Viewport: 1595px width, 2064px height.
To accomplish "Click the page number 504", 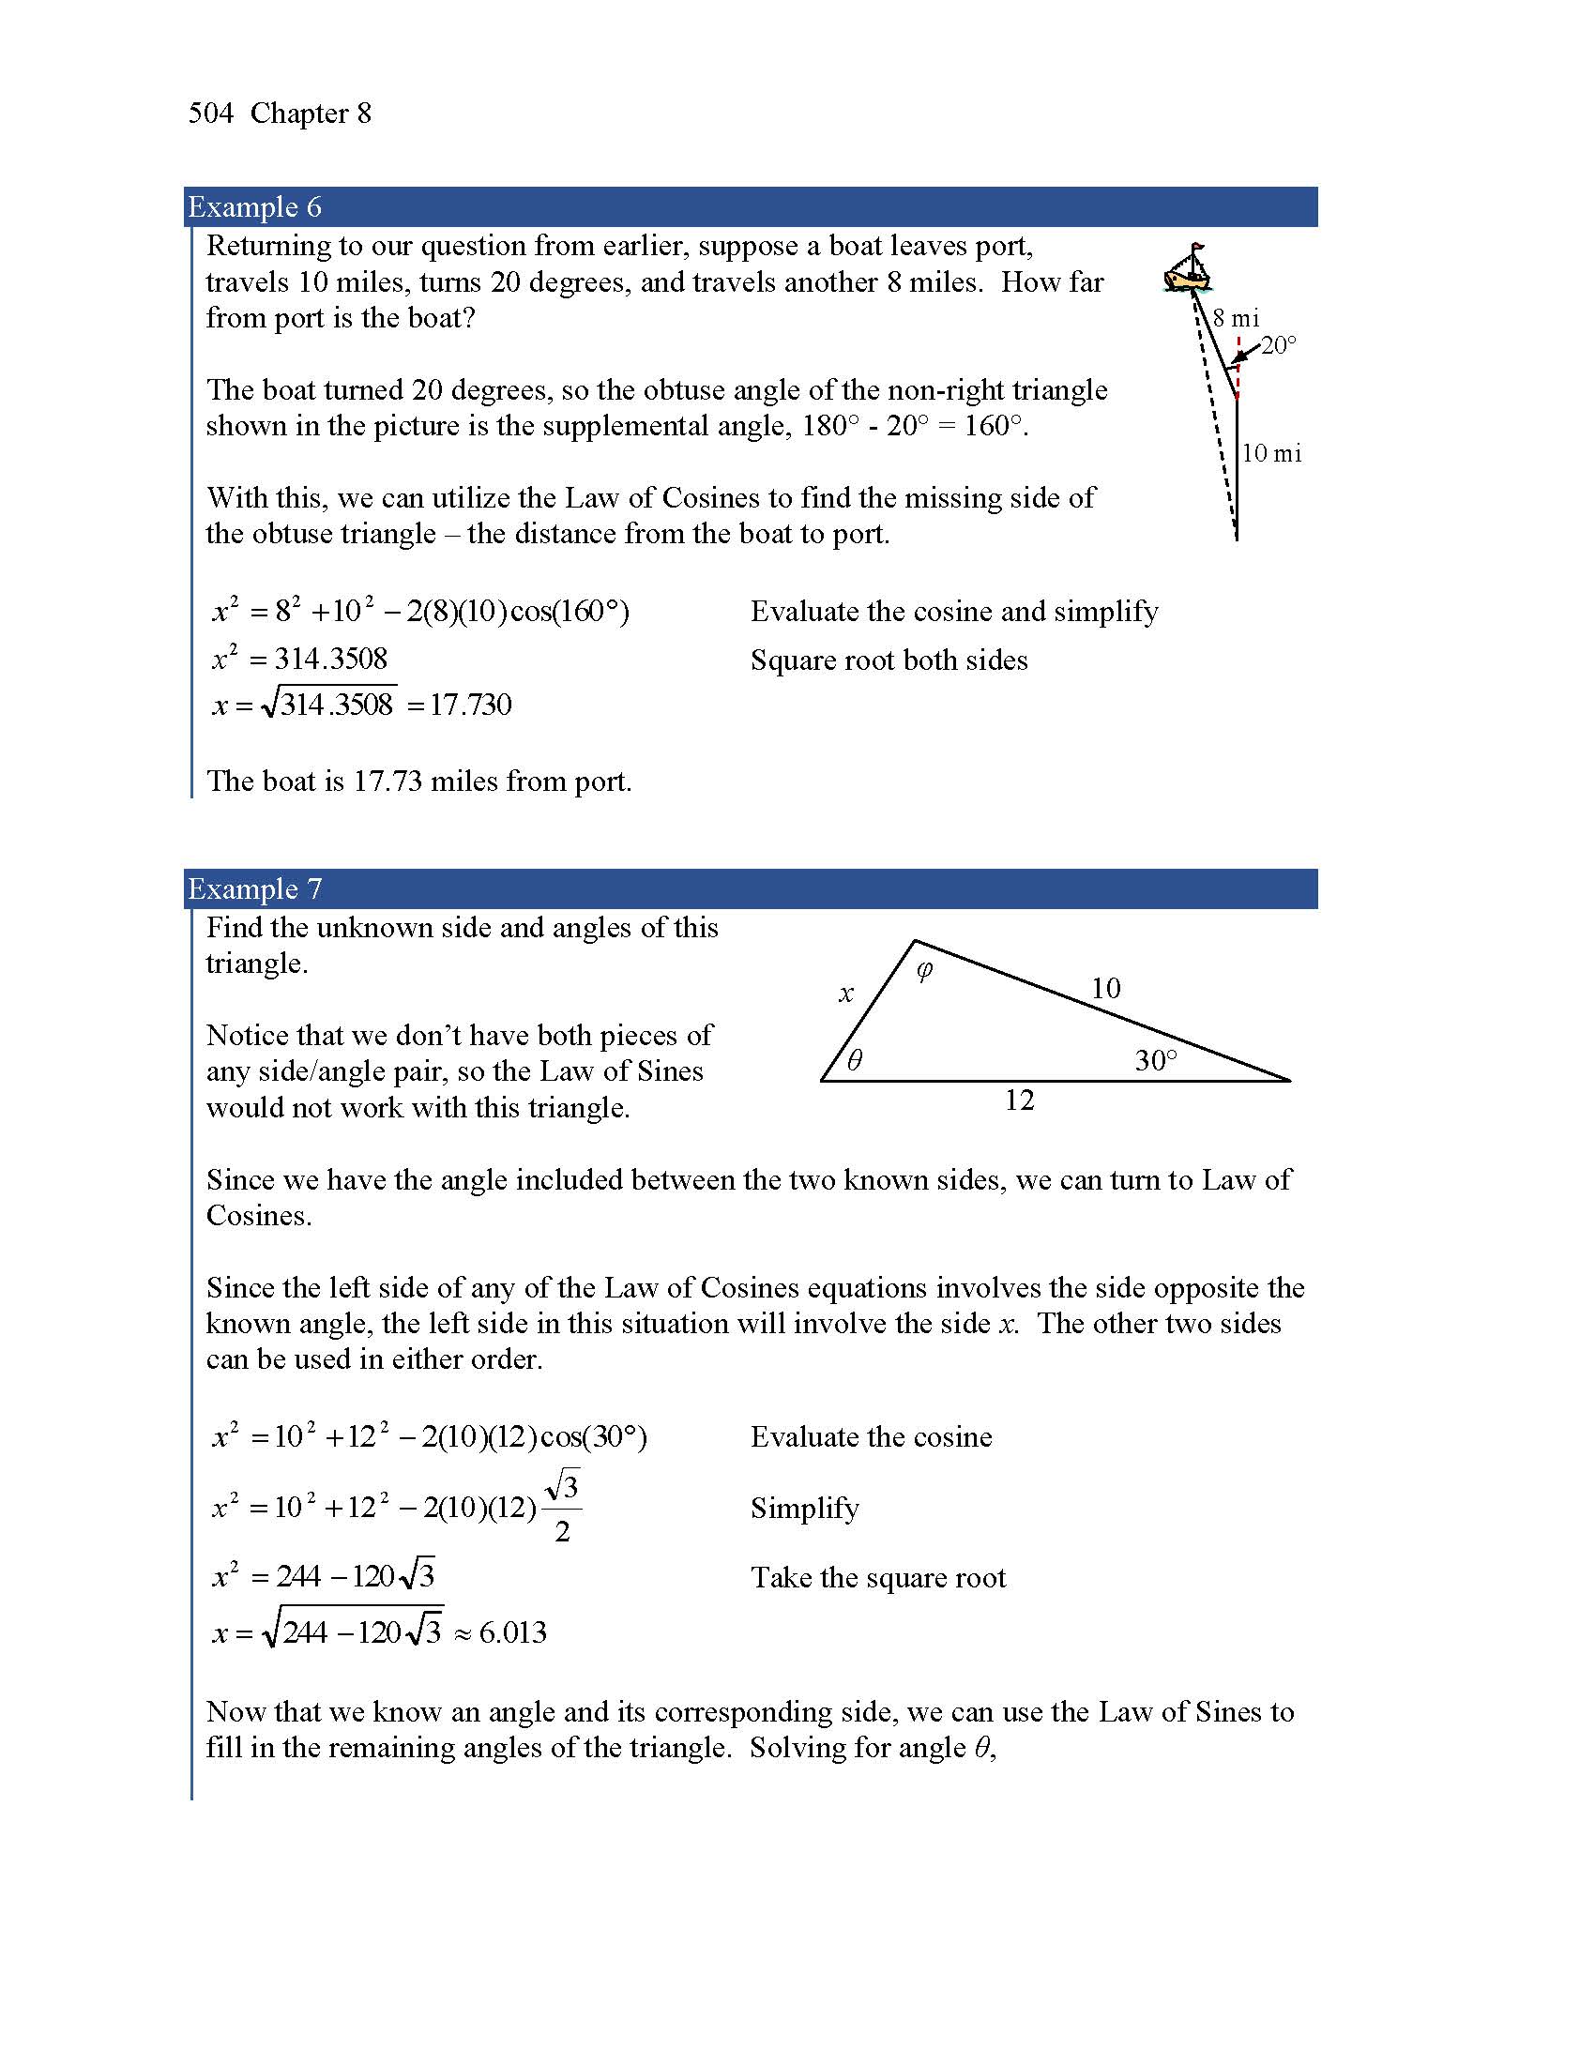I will point(210,114).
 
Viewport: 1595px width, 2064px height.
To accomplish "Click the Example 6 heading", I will point(254,207).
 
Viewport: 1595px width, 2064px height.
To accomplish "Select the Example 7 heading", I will point(254,889).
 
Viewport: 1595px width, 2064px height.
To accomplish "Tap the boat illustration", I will point(1188,269).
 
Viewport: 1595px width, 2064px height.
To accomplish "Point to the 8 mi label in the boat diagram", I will point(1236,318).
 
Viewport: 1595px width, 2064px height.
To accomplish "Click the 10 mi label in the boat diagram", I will point(1271,454).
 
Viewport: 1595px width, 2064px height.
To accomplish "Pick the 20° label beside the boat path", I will point(1279,345).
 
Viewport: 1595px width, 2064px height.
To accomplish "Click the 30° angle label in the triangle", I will point(1156,1060).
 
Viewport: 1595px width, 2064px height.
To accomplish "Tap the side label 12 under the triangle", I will point(1019,1100).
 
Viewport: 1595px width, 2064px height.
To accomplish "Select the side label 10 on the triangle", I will point(1105,989).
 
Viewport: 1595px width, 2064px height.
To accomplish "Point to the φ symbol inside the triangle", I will point(924,971).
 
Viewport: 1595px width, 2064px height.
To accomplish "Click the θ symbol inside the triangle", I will point(854,1060).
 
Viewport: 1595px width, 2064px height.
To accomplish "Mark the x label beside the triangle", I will point(846,994).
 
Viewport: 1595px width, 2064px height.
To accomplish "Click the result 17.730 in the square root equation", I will point(471,705).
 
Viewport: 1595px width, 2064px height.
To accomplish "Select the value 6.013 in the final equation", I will point(512,1633).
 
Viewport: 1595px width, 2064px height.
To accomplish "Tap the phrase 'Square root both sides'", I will point(889,660).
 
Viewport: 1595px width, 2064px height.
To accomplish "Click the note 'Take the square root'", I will point(878,1578).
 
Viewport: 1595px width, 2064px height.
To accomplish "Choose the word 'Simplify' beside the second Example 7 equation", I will point(804,1509).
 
